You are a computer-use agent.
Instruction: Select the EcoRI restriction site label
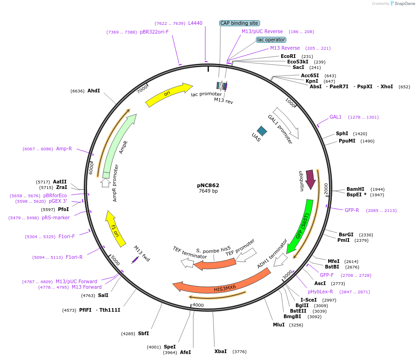(x=288, y=56)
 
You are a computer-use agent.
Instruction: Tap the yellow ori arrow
(x=168, y=94)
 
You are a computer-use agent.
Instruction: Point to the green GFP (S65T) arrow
(x=301, y=225)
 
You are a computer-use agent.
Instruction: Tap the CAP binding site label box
(x=239, y=23)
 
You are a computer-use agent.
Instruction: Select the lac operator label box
(x=271, y=40)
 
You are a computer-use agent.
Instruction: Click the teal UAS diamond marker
(x=262, y=131)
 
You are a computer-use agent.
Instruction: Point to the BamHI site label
(x=355, y=189)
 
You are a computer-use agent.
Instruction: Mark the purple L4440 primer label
(x=195, y=23)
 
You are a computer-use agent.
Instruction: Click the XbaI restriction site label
(x=220, y=351)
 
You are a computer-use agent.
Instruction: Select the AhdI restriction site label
(x=93, y=91)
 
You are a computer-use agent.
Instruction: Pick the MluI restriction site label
(x=279, y=325)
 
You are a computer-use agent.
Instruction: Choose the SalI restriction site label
(x=103, y=295)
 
